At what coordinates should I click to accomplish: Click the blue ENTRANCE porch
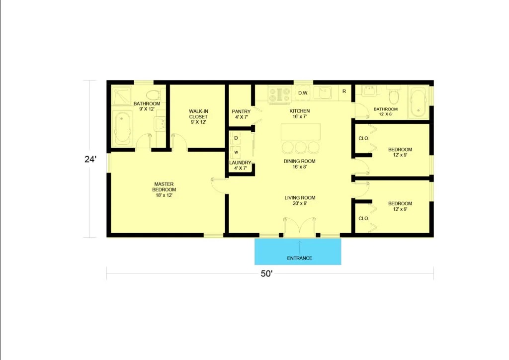[298, 252]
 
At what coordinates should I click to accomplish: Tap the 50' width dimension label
[266, 273]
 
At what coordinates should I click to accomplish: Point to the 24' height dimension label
[90, 160]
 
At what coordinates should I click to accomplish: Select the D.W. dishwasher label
[303, 93]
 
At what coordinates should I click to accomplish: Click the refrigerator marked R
[344, 92]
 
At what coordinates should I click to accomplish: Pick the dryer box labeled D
[236, 138]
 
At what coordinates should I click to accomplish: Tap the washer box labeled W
[236, 152]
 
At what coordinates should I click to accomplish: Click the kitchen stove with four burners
[279, 95]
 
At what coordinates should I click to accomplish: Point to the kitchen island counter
[301, 131]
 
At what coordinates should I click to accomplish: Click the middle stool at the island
[301, 147]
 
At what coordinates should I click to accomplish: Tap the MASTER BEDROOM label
[164, 189]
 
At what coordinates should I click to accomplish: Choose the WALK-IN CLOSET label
[198, 116]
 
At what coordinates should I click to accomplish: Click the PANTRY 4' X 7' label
[241, 114]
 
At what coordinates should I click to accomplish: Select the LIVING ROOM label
[300, 200]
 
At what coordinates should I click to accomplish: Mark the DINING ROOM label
[300, 164]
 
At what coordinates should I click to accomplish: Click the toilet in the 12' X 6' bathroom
[394, 95]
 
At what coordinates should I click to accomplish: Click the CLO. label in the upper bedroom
[363, 138]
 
